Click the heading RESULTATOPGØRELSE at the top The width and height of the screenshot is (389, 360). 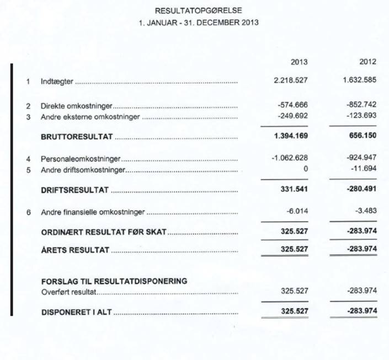click(x=198, y=10)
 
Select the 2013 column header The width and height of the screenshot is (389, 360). click(x=299, y=62)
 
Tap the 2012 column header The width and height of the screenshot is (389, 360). click(x=367, y=62)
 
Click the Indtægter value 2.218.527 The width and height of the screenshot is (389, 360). click(x=291, y=80)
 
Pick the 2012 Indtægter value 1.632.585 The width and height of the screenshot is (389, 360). click(x=360, y=80)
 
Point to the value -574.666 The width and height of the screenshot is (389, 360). click(x=293, y=105)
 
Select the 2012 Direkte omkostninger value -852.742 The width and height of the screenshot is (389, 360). click(x=362, y=105)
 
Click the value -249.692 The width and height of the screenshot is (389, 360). click(x=293, y=117)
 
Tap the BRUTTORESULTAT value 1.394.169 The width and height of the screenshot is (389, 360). click(x=291, y=136)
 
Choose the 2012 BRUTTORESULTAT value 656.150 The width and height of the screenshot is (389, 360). click(x=364, y=136)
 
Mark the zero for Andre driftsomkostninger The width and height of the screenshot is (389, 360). click(x=305, y=169)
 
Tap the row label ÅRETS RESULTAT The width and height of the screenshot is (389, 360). click(x=75, y=250)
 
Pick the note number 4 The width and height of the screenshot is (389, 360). click(x=28, y=159)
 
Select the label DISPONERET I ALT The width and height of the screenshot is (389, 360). click(x=76, y=312)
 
